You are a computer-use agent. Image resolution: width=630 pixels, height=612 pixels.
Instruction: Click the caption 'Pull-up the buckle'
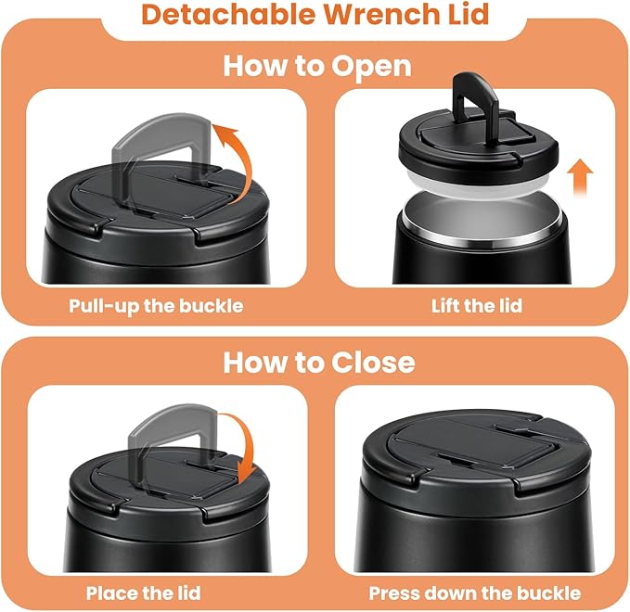click(x=156, y=304)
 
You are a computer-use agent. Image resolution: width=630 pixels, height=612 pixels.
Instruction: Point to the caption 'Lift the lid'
click(x=476, y=304)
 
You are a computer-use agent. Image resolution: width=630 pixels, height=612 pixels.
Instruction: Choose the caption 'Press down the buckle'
click(x=475, y=592)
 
